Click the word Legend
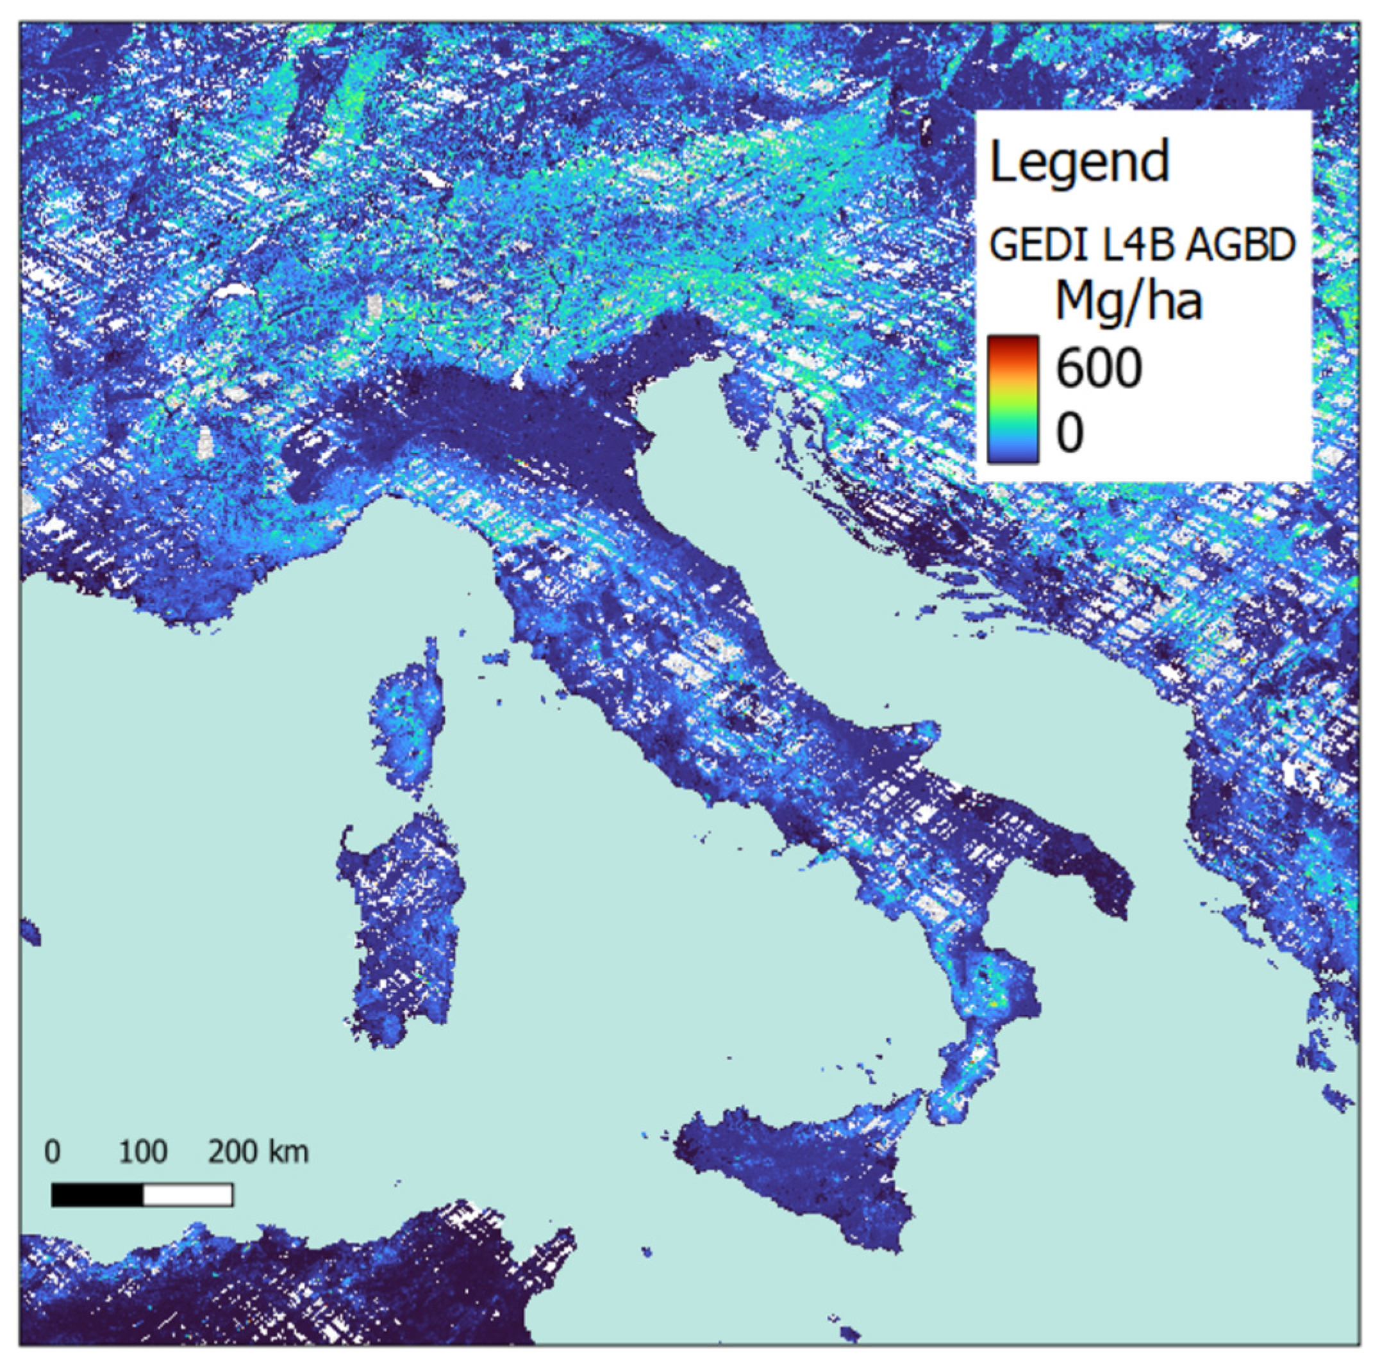pos(1079,162)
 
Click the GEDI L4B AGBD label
pos(1142,245)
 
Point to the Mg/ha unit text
pos(1129,302)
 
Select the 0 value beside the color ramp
pos(1070,432)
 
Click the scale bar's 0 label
pos(52,1151)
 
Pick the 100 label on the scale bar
pos(143,1151)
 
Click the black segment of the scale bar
pos(97,1194)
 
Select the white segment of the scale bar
pos(188,1194)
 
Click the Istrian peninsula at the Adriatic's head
pos(743,407)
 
